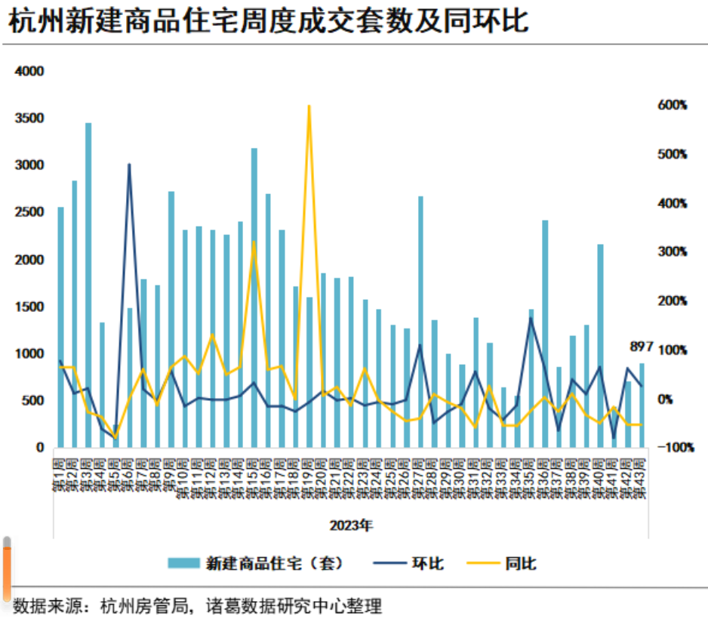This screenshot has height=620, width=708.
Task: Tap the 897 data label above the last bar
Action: tap(641, 347)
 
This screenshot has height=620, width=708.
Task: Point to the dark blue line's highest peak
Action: tap(129, 164)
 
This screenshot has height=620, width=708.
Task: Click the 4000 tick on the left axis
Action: tap(30, 71)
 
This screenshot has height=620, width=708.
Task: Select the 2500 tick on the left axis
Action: tap(30, 212)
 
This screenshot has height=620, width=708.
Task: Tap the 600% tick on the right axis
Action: tap(672, 105)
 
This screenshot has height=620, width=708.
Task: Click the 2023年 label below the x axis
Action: tap(351, 524)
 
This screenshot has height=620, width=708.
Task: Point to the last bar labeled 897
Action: tap(642, 405)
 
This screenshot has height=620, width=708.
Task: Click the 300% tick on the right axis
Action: tap(672, 252)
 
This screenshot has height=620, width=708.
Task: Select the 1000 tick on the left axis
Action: tap(30, 353)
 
